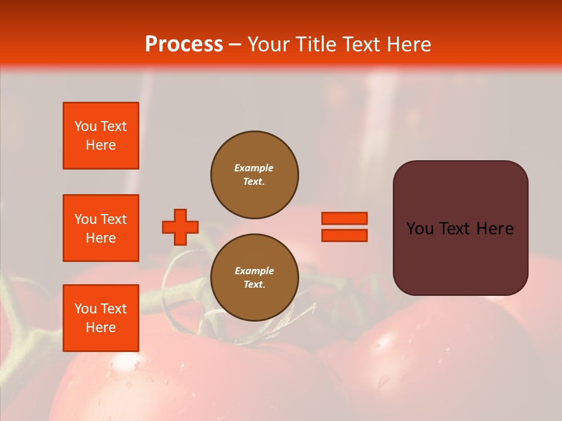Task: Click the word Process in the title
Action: click(x=184, y=44)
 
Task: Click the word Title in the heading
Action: click(x=317, y=44)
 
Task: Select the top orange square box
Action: click(x=101, y=136)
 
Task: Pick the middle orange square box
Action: click(x=101, y=228)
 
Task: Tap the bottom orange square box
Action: click(x=101, y=318)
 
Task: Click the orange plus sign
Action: click(x=180, y=227)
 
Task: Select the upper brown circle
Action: click(x=255, y=175)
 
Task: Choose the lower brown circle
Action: click(x=255, y=278)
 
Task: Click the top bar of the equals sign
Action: click(x=344, y=219)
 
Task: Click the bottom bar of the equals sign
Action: click(x=344, y=236)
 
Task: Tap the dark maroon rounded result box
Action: click(x=460, y=228)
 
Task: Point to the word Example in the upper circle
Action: click(x=254, y=168)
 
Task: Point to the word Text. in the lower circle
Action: click(x=254, y=285)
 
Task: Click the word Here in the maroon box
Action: click(x=495, y=229)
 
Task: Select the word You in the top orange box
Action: click(x=85, y=126)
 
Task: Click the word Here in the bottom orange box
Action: click(x=101, y=327)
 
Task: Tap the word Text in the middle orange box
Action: click(x=114, y=219)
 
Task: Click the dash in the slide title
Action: click(x=235, y=44)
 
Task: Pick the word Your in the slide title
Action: click(x=269, y=44)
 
